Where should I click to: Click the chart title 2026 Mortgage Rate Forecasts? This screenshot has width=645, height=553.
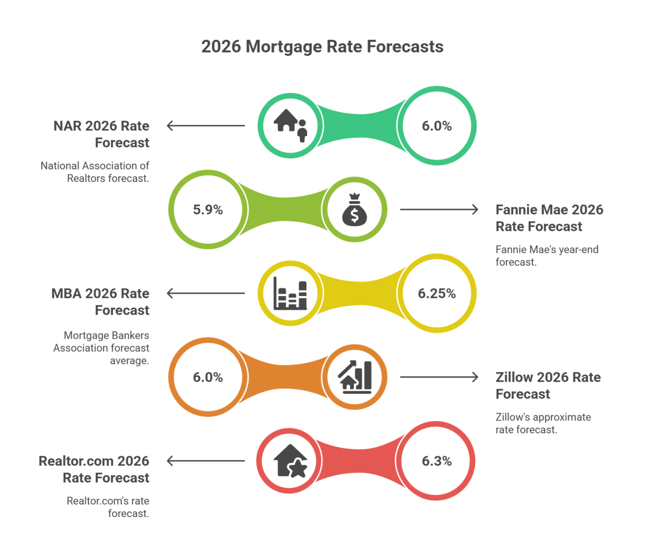click(x=322, y=47)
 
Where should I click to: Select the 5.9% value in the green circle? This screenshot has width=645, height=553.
click(x=208, y=209)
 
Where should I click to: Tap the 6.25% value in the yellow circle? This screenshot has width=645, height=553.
click(x=436, y=293)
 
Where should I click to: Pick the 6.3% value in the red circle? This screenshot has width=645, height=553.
click(x=437, y=461)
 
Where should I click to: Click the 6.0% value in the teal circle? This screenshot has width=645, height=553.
click(x=437, y=126)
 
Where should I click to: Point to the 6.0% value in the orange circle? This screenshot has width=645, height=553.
click(x=208, y=377)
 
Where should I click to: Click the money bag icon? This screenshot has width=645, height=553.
click(x=354, y=209)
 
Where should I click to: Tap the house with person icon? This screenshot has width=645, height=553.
click(x=290, y=126)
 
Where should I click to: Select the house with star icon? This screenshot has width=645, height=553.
click(x=290, y=461)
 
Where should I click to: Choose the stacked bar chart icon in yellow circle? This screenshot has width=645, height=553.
click(x=290, y=293)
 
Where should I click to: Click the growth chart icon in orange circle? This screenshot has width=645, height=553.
click(x=354, y=377)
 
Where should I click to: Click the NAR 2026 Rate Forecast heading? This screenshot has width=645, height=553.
click(x=101, y=134)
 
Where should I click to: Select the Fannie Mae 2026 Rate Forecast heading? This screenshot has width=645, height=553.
click(x=549, y=218)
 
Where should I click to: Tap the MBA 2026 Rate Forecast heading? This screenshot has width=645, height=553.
click(x=100, y=302)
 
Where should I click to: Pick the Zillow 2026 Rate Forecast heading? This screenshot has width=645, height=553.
click(x=548, y=386)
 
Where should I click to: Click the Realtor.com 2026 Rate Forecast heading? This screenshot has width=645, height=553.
click(x=94, y=469)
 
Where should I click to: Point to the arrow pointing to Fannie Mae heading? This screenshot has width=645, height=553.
click(x=439, y=209)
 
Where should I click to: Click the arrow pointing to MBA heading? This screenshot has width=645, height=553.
click(x=206, y=293)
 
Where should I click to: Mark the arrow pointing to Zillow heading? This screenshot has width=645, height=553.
click(x=439, y=377)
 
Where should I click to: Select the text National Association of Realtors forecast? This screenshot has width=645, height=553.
click(x=95, y=172)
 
